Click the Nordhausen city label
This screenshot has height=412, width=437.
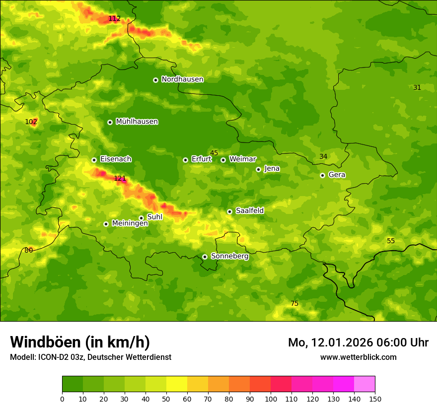click(182, 79)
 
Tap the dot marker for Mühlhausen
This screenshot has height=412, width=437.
click(110, 122)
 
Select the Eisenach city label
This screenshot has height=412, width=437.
click(116, 159)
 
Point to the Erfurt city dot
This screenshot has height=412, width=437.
click(185, 160)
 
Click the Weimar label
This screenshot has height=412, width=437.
click(242, 159)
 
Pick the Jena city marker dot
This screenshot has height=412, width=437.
click(258, 169)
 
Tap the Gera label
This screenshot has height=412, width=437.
click(337, 175)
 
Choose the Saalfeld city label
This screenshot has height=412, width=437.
click(250, 211)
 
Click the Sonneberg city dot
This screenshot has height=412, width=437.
click(205, 257)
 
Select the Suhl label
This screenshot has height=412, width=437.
click(155, 217)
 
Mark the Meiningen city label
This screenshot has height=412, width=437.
click(130, 223)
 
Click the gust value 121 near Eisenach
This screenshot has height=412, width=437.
click(120, 179)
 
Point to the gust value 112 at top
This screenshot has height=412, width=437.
click(114, 19)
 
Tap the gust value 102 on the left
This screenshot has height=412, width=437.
click(31, 122)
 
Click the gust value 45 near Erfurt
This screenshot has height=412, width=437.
click(214, 153)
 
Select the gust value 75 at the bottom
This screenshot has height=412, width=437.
click(294, 303)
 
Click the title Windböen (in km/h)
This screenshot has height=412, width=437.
click(80, 342)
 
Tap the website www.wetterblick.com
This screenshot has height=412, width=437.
click(358, 357)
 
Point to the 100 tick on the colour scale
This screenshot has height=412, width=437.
click(271, 399)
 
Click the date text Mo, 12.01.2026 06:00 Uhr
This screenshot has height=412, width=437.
click(358, 343)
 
